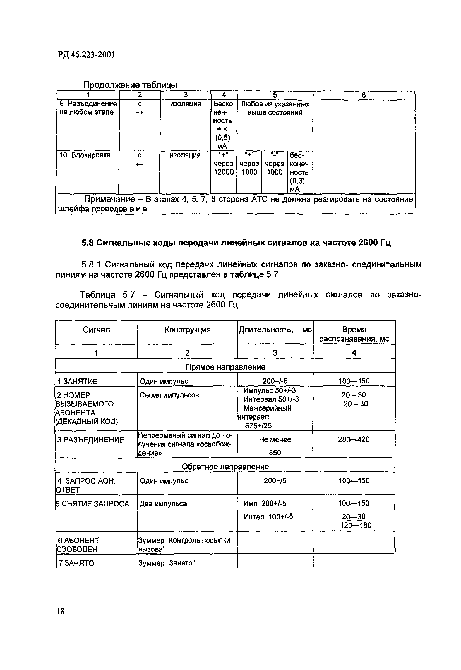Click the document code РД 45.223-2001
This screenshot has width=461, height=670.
point(86,55)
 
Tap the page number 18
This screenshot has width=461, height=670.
point(61,611)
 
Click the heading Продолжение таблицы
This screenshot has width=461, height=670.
point(130,85)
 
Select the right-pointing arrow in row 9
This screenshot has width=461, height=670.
point(140,113)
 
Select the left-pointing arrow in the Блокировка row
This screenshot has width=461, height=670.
point(139,164)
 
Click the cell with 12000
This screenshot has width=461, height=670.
point(224,172)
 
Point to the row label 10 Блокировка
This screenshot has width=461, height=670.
point(85,155)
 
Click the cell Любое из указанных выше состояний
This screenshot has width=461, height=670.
point(275,108)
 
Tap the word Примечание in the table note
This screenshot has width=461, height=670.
point(109,199)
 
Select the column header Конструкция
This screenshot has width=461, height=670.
point(188,330)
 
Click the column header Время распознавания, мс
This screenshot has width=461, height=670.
point(354,334)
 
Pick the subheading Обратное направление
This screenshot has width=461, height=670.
point(225,467)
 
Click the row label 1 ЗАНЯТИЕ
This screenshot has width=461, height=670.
point(77,381)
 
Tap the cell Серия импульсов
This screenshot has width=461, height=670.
point(169,395)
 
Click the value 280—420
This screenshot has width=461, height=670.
point(354,439)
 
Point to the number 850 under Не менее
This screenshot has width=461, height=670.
point(275,453)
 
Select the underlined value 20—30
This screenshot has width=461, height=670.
point(354,516)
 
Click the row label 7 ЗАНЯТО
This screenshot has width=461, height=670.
point(76,563)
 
